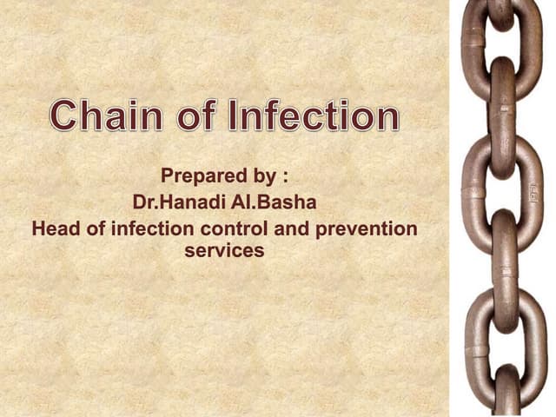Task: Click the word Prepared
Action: coord(205,176)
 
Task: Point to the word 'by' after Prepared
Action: coord(264,177)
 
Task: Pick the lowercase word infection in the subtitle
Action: coord(142,229)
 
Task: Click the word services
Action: coord(224,251)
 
